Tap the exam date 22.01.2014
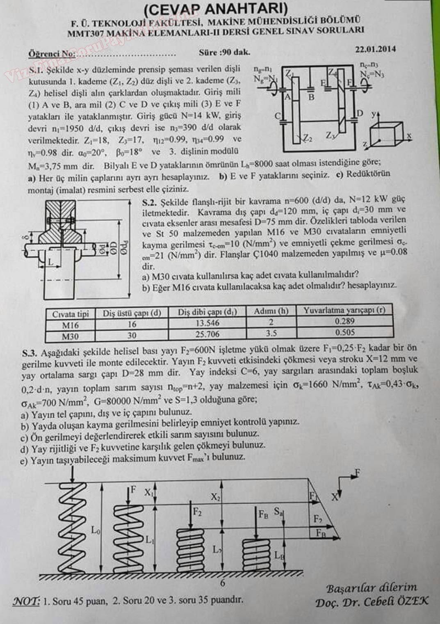376,49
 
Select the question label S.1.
37,70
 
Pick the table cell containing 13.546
207,323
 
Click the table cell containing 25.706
207,334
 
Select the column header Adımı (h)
271,311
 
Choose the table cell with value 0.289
344,321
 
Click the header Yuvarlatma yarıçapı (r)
344,311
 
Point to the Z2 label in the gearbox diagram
308,138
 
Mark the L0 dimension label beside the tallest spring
96,530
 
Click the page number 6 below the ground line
223,583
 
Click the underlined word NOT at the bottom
27,601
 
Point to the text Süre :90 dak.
224,52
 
